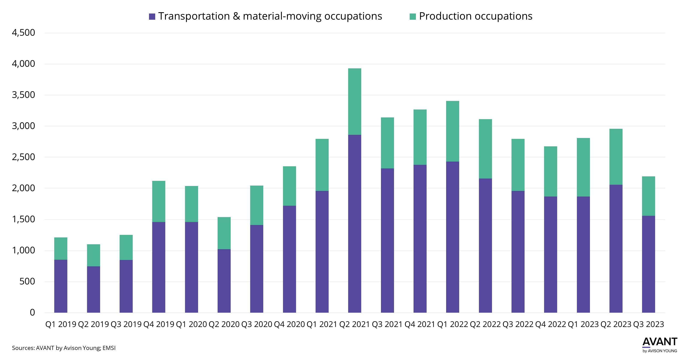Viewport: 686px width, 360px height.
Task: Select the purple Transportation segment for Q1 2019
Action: point(61,286)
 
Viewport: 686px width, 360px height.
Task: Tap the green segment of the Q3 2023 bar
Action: point(648,196)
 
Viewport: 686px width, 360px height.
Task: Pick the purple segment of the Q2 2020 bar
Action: point(224,281)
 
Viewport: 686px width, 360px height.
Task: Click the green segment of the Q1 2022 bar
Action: point(453,131)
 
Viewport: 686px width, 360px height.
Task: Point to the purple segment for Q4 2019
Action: point(159,267)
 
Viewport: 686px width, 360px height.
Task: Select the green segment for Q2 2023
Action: point(616,157)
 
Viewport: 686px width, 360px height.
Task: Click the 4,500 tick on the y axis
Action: point(23,33)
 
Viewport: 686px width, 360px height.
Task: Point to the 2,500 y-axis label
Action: point(23,157)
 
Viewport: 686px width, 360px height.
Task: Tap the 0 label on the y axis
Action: point(32,312)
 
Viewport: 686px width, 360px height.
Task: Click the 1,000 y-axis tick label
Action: point(23,250)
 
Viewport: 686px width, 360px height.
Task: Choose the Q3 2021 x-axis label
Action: point(387,324)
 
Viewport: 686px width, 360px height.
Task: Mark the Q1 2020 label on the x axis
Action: point(191,324)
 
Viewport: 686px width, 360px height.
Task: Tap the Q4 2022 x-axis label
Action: point(551,324)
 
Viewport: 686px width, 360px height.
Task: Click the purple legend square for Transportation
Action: point(152,16)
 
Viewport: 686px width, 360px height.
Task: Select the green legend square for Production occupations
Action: point(412,16)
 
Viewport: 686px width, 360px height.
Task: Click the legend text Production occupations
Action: point(476,16)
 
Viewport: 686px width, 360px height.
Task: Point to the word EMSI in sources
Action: point(109,348)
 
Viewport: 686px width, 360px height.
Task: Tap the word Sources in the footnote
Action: point(23,348)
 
